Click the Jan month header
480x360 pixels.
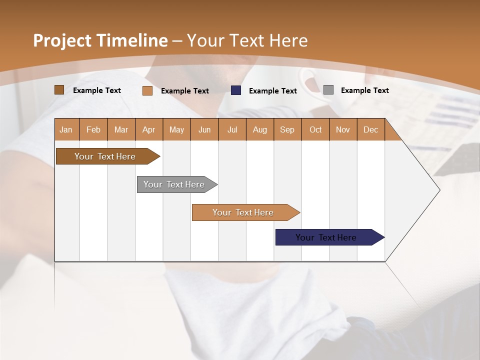(66, 129)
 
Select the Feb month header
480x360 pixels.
(93, 129)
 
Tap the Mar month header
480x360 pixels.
(121, 129)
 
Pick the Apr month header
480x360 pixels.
(149, 129)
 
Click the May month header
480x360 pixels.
(176, 129)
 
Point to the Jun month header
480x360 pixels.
(204, 129)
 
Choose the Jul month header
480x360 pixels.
(232, 129)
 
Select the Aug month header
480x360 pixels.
(260, 129)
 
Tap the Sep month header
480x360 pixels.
(287, 129)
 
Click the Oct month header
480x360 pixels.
(315, 129)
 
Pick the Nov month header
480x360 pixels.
(343, 129)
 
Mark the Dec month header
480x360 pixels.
(371, 129)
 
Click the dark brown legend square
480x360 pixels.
(59, 90)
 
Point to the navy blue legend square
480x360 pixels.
(236, 90)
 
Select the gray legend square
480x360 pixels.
(328, 90)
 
